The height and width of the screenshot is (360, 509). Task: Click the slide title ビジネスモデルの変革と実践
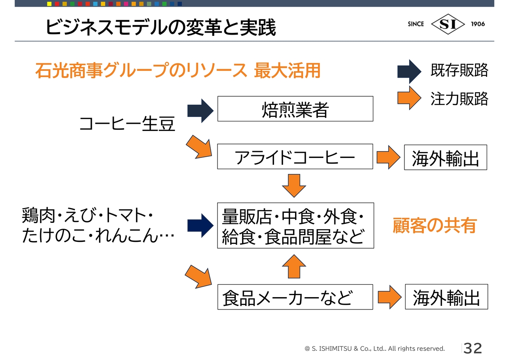(160, 27)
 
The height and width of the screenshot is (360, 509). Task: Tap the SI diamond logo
(448, 24)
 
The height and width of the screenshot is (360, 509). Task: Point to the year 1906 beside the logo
(478, 24)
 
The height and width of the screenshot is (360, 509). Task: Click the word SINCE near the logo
(416, 24)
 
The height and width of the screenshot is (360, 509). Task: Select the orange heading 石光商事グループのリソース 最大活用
(178, 71)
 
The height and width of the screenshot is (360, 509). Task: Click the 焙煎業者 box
(295, 109)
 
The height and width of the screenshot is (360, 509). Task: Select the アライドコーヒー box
(295, 157)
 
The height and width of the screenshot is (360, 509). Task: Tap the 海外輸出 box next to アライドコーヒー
(445, 158)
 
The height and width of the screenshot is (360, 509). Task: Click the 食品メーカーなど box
(295, 297)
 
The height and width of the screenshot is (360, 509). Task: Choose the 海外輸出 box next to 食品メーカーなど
(446, 297)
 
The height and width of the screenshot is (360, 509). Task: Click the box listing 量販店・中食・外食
(295, 226)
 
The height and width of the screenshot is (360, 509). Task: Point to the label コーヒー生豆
(127, 123)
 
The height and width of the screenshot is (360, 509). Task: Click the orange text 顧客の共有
(435, 226)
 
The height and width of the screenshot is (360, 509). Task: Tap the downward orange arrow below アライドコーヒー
(294, 185)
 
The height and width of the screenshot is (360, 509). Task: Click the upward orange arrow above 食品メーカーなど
(294, 266)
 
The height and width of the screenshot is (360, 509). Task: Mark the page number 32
(473, 348)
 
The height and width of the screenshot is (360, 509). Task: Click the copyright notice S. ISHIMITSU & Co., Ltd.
(375, 349)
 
